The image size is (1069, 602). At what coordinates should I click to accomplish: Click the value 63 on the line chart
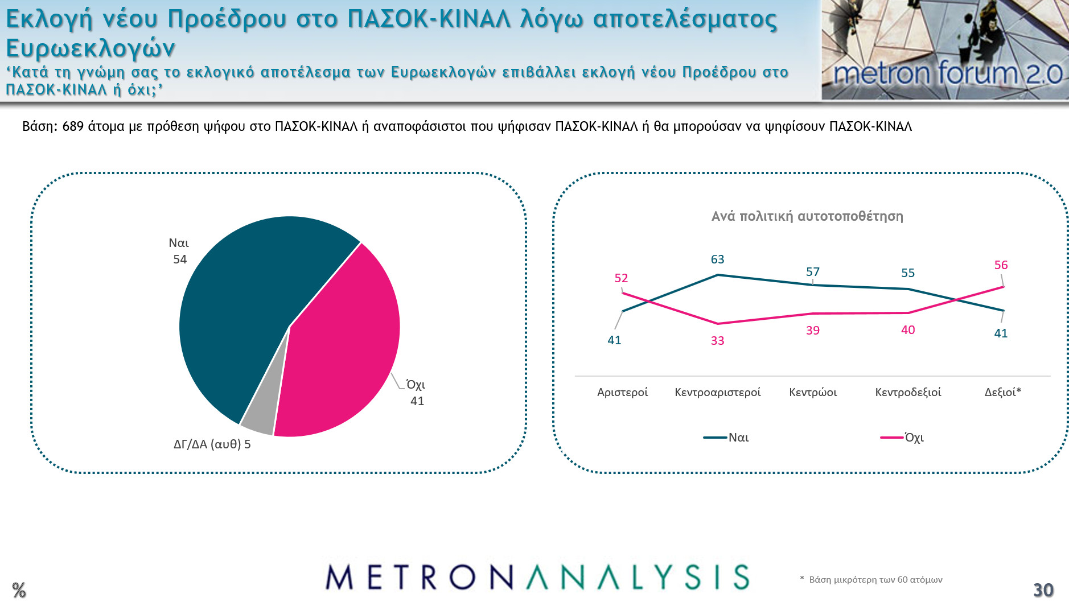(x=717, y=259)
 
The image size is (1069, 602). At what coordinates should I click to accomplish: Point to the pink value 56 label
(x=1001, y=265)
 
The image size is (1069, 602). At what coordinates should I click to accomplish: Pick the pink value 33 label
(x=717, y=341)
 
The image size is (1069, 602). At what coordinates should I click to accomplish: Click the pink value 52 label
(x=621, y=278)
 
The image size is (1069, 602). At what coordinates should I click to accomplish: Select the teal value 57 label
(x=813, y=272)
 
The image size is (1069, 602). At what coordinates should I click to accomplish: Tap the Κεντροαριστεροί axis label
(x=717, y=392)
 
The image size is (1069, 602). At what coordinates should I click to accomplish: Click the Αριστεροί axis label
(x=622, y=392)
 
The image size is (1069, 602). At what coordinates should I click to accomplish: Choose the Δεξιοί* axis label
(x=1002, y=392)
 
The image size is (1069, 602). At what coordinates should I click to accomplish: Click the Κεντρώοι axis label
(x=813, y=392)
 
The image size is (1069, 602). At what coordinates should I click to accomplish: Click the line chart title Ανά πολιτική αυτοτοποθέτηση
(x=807, y=216)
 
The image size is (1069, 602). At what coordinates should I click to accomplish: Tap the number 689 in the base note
(x=73, y=126)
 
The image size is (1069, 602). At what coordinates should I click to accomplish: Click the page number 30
(x=1043, y=590)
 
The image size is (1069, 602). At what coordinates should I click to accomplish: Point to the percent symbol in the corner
(x=19, y=590)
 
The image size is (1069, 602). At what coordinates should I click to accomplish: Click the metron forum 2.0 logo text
(x=947, y=74)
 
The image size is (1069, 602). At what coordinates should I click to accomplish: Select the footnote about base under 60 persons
(x=871, y=580)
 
